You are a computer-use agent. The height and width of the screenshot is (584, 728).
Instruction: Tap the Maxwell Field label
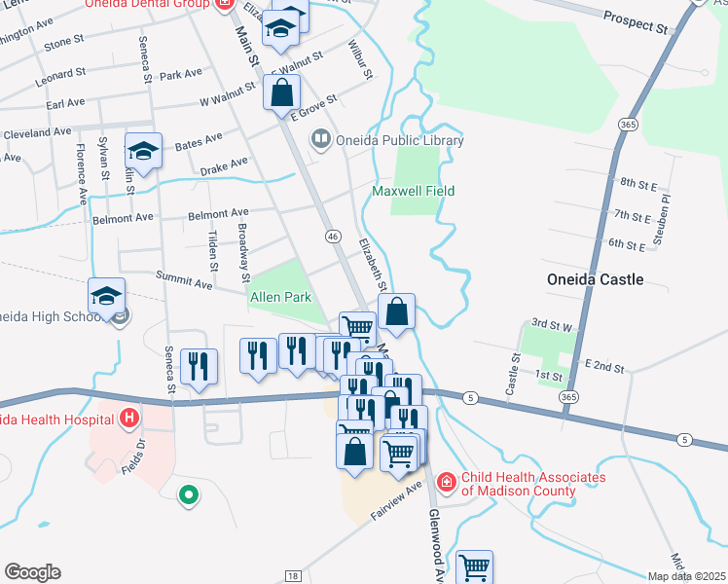[x=414, y=192]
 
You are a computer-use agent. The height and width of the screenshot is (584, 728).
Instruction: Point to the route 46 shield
[x=333, y=236]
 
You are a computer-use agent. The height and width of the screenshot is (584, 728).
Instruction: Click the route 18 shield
[x=292, y=576]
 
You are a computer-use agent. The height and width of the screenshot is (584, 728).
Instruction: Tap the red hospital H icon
[x=128, y=420]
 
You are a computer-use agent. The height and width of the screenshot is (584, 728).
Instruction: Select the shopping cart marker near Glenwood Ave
[x=474, y=566]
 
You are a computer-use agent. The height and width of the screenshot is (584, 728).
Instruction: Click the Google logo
[x=33, y=572]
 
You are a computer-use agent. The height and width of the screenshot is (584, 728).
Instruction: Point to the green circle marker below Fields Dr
[x=188, y=495]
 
